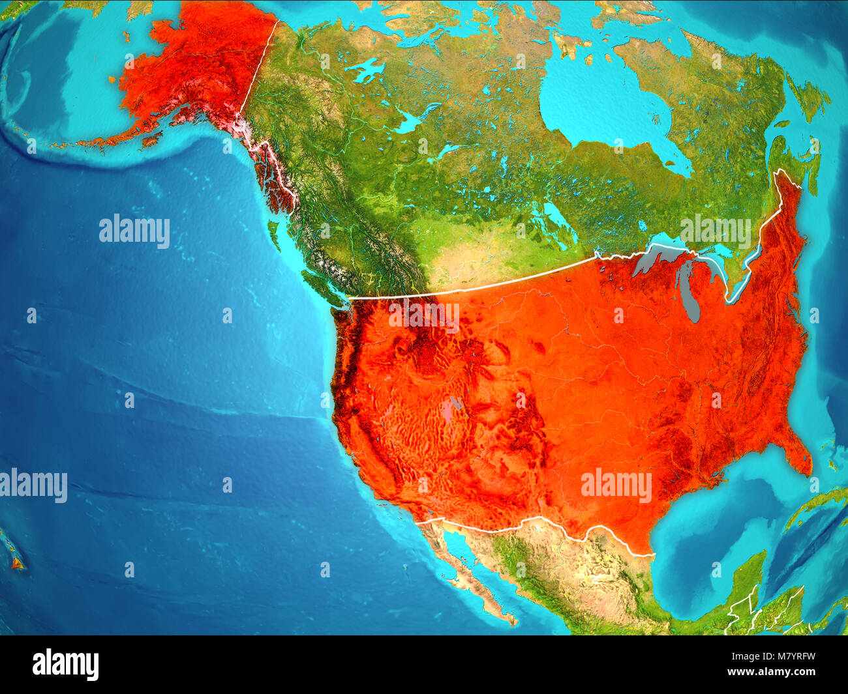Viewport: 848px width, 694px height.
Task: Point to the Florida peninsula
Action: pos(798,456)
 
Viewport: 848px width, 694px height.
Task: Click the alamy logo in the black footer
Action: pos(65,664)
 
